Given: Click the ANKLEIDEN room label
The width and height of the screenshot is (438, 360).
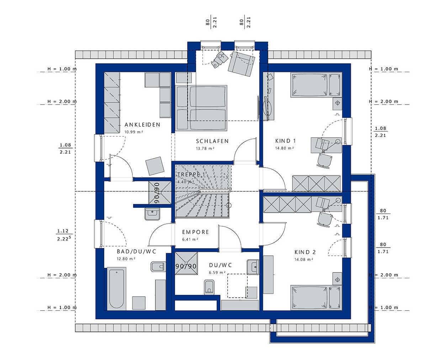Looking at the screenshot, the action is point(142,125).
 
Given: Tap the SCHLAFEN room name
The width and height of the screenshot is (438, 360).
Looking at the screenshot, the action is point(212,141).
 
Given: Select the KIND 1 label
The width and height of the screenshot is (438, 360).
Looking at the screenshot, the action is point(285,141).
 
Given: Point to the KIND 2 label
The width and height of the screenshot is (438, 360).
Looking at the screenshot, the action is point(305,252).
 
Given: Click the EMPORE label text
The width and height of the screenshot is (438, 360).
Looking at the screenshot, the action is point(195,232).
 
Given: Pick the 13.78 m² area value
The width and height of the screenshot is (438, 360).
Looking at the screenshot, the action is point(205,148).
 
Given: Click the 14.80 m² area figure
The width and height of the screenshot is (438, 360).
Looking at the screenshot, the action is point(284,148).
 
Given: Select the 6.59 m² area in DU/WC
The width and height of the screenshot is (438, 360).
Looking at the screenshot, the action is point(217,272).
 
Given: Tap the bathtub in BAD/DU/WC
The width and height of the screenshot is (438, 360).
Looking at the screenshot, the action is point(116,289).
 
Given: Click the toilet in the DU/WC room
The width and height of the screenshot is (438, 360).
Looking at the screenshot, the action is point(209,287).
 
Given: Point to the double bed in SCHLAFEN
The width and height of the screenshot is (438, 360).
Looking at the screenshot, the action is point(201,108).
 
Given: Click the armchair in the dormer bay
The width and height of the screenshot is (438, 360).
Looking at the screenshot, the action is point(241,64).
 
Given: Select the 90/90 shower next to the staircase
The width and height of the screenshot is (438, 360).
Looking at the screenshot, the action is point(160,193).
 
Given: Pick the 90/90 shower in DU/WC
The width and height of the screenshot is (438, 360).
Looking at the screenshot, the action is point(186,263).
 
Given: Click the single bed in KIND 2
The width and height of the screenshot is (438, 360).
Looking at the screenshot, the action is point(316,298).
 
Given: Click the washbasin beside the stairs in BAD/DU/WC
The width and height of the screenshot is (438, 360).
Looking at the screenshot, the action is point(152,214).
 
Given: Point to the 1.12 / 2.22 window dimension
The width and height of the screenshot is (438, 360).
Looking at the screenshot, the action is point(64,235).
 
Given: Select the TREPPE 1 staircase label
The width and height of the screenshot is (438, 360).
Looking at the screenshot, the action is point(191,174).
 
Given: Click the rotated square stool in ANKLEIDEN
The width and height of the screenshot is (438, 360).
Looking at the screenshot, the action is point(155,166).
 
